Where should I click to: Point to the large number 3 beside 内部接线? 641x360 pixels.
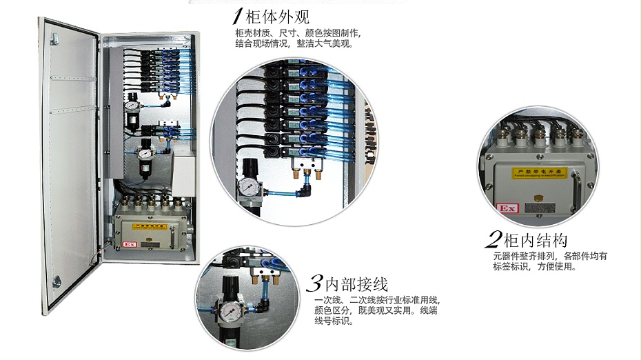pyautogui.click(x=314, y=283)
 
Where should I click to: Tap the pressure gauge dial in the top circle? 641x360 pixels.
pyautogui.click(x=247, y=187)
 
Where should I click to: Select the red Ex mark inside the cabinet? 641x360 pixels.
pyautogui.click(x=128, y=243)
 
